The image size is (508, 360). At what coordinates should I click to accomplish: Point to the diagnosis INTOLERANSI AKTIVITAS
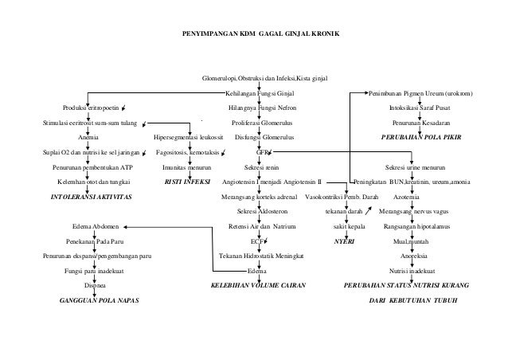[92, 195]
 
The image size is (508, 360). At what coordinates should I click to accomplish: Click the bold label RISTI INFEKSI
[186, 181]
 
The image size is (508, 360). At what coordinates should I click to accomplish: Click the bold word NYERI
[344, 241]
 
